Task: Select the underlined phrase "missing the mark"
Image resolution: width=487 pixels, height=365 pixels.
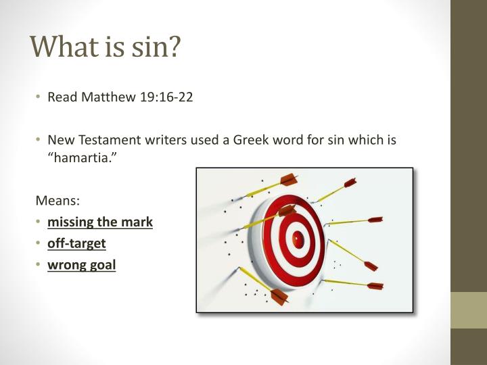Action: coord(100,221)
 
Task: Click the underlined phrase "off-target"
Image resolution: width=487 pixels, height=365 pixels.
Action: coord(76,243)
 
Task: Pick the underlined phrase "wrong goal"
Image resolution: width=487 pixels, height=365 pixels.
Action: coord(81,265)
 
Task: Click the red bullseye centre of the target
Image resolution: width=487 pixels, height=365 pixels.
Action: coord(298,238)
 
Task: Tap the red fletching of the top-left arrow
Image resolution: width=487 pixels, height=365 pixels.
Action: coord(289,179)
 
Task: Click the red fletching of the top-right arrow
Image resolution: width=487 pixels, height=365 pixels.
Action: coord(349,182)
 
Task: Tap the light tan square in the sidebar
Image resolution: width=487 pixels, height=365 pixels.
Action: coord(469,310)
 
